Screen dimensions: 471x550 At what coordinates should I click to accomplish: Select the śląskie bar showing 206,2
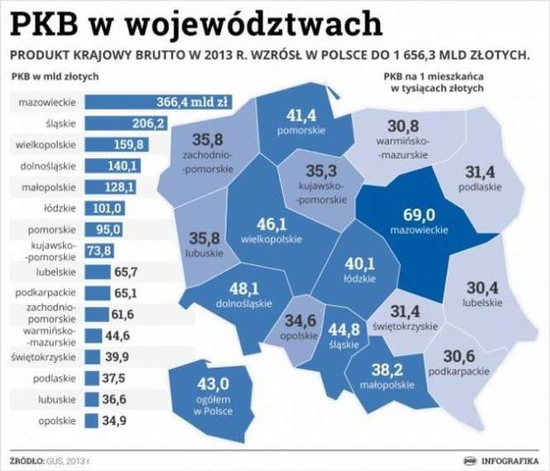click(125, 124)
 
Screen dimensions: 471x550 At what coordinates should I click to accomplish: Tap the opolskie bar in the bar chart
click(91, 421)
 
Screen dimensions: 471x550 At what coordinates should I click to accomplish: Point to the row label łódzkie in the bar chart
click(59, 209)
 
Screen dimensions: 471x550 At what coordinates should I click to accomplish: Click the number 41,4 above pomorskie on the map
click(301, 115)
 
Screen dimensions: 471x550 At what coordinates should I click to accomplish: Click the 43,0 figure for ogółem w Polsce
click(213, 385)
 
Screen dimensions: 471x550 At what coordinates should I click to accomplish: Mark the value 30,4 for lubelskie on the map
click(482, 288)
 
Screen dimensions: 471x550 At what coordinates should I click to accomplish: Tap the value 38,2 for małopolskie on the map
click(387, 370)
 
